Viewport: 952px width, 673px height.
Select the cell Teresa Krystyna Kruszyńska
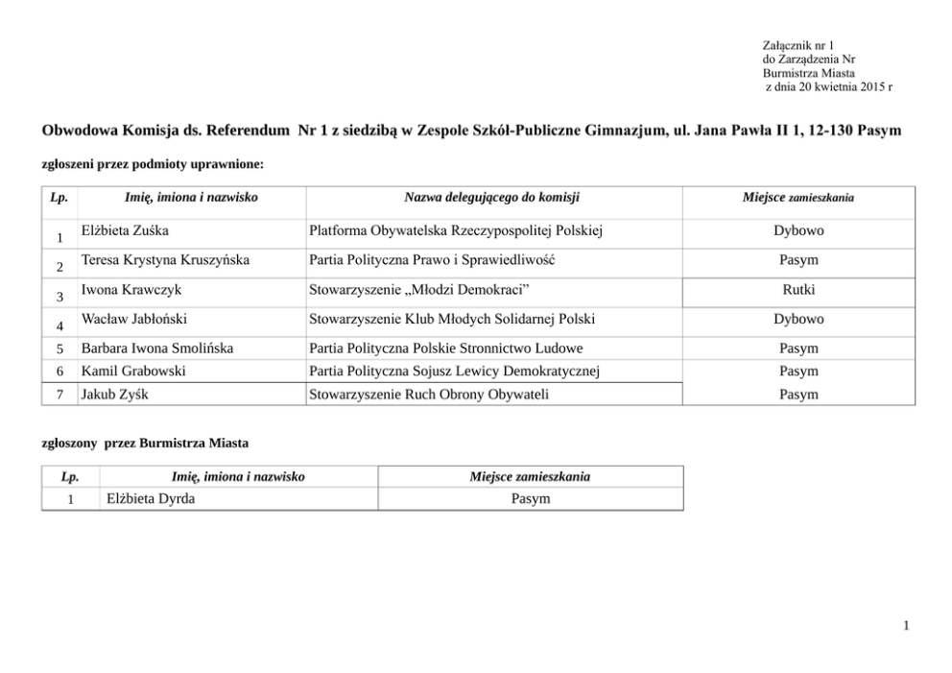pos(165,260)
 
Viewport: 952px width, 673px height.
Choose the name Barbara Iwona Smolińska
pos(157,348)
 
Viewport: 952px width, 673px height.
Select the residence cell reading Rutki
pos(798,290)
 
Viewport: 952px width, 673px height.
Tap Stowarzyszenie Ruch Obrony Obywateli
pos(429,394)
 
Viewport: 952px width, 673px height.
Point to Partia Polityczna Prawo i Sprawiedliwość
pos(433,260)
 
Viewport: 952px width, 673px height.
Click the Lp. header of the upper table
pos(59,198)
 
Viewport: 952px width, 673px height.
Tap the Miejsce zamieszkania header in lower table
pos(530,477)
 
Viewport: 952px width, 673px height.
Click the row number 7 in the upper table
pos(60,394)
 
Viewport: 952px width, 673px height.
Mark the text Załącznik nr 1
pos(797,45)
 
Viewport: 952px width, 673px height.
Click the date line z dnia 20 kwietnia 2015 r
pos(828,86)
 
